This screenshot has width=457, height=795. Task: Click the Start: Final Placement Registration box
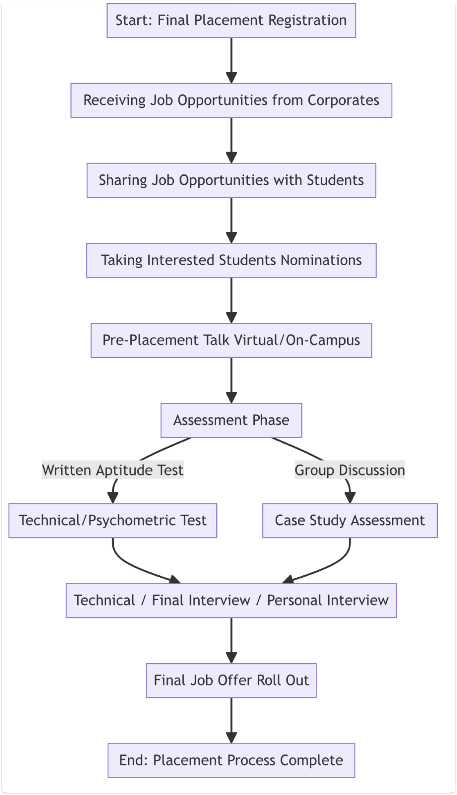coord(231,21)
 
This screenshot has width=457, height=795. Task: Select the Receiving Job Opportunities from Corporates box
coord(231,100)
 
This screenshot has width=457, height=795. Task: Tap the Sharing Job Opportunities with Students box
coord(231,180)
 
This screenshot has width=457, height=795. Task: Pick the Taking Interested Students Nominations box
coord(231,260)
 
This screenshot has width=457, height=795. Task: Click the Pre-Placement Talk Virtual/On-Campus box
coord(231,341)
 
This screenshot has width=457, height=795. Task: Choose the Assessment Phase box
coord(231,420)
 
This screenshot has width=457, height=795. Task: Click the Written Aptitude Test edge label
coord(113,470)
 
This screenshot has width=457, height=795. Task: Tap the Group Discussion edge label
coord(350,470)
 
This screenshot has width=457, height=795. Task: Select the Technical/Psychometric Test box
coord(113,520)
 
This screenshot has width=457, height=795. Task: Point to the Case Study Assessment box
coord(350,520)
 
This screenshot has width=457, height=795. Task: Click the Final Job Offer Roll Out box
coord(231,681)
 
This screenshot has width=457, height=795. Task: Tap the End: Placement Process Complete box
coord(231,761)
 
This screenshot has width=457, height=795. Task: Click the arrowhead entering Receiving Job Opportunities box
coord(231,77)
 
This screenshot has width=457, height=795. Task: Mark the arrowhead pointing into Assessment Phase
coord(231,397)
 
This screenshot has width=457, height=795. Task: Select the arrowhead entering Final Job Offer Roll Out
coord(231,657)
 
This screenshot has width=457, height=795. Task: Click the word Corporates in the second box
coord(343,100)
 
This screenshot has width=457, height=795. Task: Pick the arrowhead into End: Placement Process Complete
coord(231,737)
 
